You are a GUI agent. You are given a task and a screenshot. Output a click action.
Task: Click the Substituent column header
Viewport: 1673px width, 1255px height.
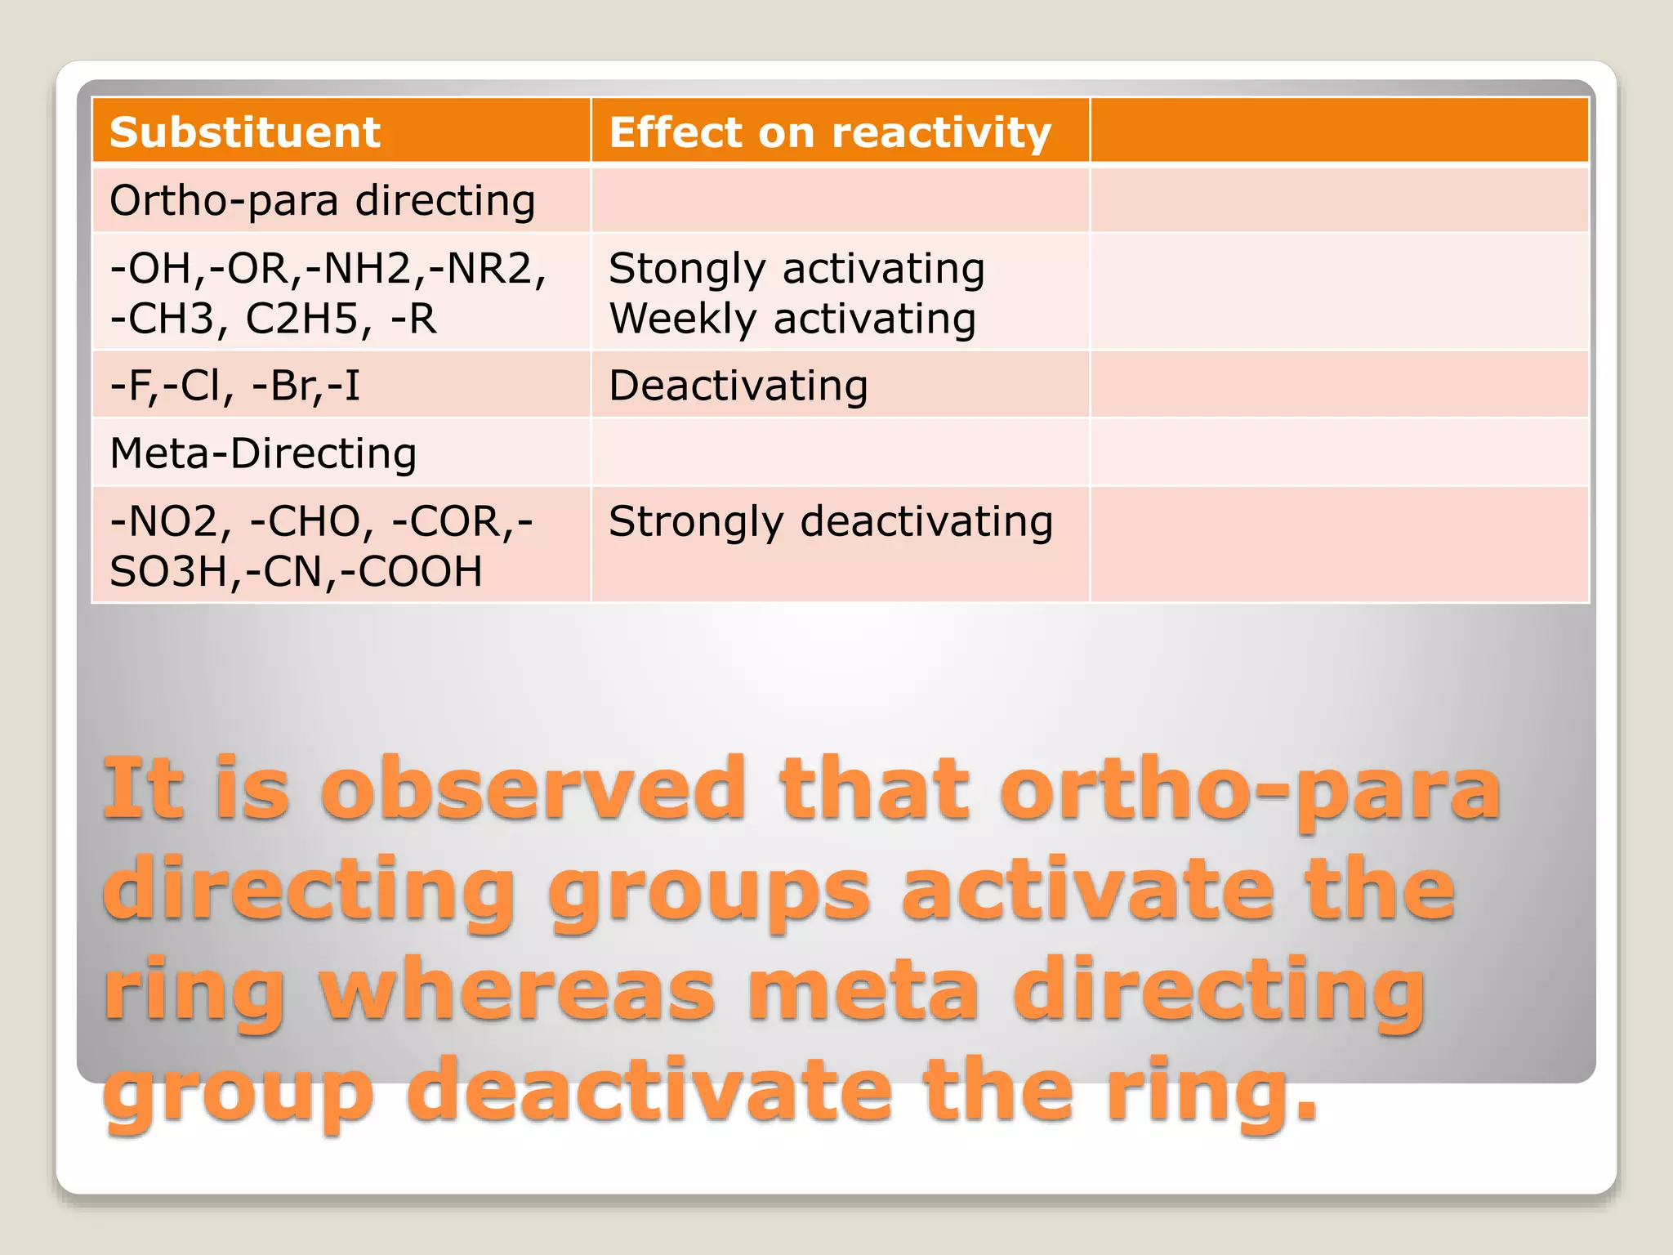[245, 132]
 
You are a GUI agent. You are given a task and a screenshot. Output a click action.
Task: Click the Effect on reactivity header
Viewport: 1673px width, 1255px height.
[830, 132]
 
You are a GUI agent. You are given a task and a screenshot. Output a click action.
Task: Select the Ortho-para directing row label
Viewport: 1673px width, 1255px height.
[323, 201]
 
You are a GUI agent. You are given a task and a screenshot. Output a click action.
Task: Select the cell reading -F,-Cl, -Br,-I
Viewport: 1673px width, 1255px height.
[235, 386]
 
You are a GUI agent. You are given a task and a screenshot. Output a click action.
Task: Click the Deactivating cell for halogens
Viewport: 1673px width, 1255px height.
[738, 386]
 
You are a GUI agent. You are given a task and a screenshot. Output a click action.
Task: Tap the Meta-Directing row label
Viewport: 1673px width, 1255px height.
[263, 454]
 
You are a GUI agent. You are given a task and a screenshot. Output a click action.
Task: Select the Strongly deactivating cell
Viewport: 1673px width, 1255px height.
[831, 522]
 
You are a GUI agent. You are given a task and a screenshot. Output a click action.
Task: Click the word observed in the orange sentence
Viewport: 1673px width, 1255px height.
[533, 788]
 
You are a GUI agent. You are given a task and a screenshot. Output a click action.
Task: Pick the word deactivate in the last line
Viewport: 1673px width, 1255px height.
[649, 1091]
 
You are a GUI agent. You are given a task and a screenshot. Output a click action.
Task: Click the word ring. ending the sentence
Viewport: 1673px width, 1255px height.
[1212, 1091]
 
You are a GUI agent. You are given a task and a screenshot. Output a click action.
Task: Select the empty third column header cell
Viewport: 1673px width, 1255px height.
[1339, 131]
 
